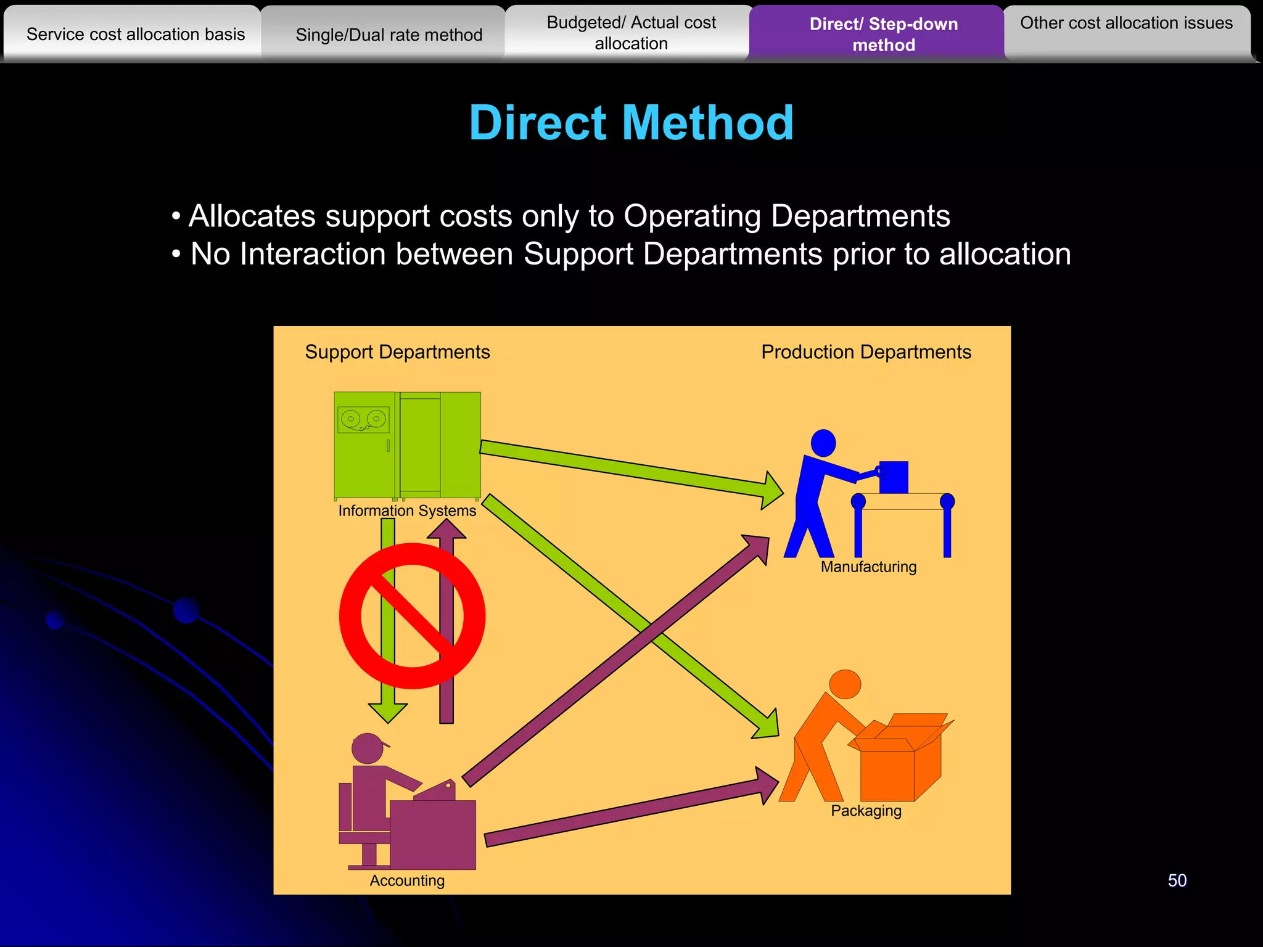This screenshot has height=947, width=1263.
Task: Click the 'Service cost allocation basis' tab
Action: pyautogui.click(x=136, y=35)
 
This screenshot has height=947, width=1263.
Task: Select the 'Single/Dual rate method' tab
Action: pyautogui.click(x=389, y=35)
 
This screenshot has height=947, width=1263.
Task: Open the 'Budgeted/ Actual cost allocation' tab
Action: pyautogui.click(x=631, y=33)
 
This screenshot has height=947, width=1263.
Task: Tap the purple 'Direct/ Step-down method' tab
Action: pyautogui.click(x=883, y=35)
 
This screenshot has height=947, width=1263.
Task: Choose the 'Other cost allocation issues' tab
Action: pyautogui.click(x=1126, y=23)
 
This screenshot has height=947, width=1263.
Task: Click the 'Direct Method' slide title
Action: pyautogui.click(x=631, y=123)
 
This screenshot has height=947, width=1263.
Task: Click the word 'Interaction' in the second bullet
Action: pyautogui.click(x=376, y=254)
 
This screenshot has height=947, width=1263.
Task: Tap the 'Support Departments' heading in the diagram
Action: pyautogui.click(x=397, y=352)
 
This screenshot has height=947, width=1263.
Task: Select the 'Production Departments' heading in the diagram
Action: pyautogui.click(x=866, y=352)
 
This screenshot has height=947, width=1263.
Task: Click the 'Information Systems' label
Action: pyautogui.click(x=407, y=510)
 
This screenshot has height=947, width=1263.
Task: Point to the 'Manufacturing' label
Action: pyautogui.click(x=868, y=567)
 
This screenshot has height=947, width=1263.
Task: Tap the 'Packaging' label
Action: pyautogui.click(x=866, y=811)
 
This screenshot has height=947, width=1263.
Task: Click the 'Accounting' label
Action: pyautogui.click(x=407, y=880)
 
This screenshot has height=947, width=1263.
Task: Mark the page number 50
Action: pyautogui.click(x=1177, y=880)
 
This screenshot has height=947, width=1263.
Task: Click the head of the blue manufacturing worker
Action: pyautogui.click(x=823, y=443)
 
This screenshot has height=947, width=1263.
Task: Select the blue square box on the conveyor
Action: pyautogui.click(x=894, y=477)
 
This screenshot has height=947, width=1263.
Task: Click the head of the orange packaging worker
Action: pyautogui.click(x=845, y=684)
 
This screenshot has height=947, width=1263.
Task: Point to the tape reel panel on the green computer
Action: pyautogui.click(x=363, y=420)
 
